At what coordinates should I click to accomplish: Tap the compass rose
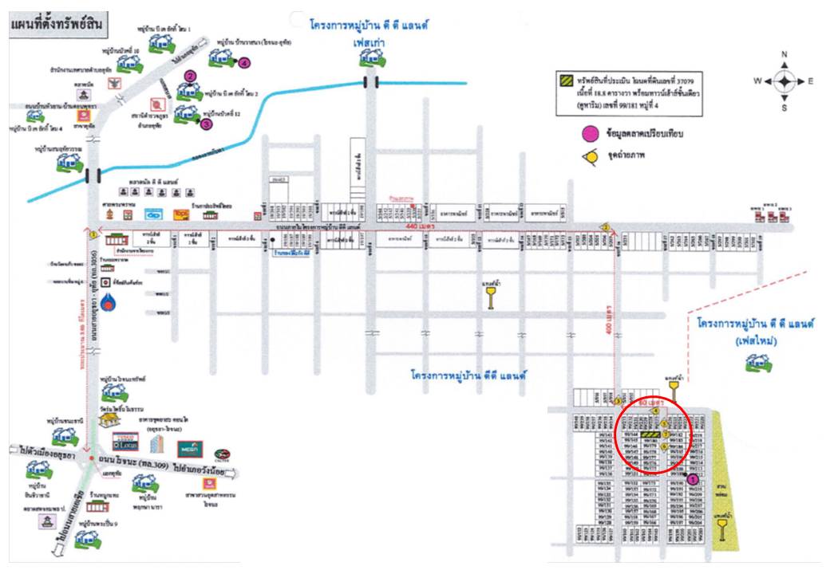pos(785,81)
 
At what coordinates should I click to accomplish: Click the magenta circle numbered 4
pos(243,61)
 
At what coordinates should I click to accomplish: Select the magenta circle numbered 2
pos(190,76)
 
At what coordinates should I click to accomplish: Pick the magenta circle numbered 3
pos(207,124)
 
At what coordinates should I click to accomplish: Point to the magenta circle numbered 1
pos(693,480)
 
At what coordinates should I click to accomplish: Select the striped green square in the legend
pos(566,81)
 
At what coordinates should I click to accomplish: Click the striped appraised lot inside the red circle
pos(652,435)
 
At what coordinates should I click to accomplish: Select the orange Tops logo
pos(181,215)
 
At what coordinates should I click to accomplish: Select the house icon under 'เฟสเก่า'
pos(370,58)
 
